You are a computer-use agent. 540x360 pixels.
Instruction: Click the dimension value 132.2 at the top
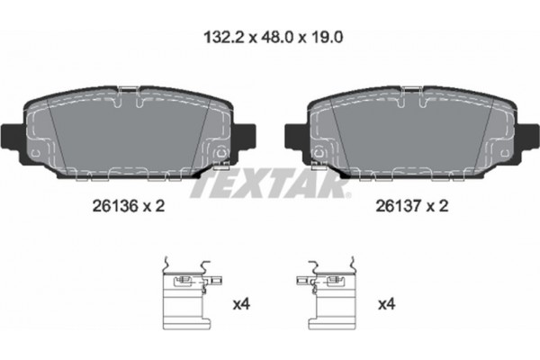click(224, 37)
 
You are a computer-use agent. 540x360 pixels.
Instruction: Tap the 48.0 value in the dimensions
click(277, 37)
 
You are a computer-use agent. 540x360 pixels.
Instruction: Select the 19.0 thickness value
click(326, 37)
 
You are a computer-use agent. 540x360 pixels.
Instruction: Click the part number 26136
click(115, 206)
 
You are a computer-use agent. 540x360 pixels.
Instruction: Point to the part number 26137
click(399, 206)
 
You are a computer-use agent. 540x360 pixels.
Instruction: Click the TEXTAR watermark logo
click(270, 184)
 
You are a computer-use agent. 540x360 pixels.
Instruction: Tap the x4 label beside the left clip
click(241, 304)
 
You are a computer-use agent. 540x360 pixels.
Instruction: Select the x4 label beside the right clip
click(387, 304)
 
